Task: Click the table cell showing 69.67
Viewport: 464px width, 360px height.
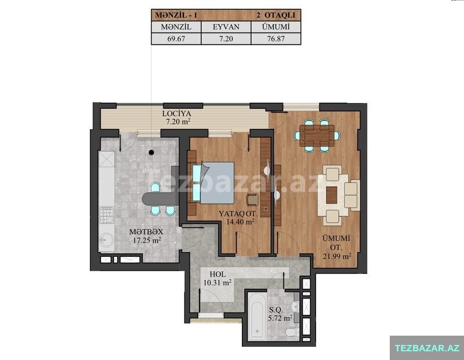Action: [x=176, y=39]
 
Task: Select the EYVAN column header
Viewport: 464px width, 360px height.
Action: [x=226, y=27]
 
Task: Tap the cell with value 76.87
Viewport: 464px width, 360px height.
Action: [x=276, y=39]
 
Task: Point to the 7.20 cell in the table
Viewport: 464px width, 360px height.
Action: [x=226, y=39]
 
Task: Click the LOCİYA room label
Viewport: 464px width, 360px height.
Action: [x=177, y=114]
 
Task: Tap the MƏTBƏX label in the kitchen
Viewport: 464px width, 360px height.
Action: [x=146, y=232]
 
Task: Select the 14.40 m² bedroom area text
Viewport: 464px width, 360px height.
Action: [x=241, y=221]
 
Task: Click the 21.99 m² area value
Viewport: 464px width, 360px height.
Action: [x=337, y=256]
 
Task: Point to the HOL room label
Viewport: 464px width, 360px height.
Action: [x=217, y=274]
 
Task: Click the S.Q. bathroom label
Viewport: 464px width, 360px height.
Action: [x=276, y=310]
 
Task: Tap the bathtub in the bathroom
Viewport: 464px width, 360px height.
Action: [x=257, y=317]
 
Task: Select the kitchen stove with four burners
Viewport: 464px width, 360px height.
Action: [x=106, y=215]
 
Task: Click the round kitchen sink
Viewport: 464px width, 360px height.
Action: [x=106, y=239]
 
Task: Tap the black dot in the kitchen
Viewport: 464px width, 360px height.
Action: [x=151, y=152]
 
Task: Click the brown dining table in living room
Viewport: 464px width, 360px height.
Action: [x=317, y=136]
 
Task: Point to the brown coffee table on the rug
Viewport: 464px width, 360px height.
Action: [x=331, y=195]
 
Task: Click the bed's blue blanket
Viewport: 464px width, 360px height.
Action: [x=217, y=183]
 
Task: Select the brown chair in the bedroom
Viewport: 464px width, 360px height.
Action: [x=253, y=199]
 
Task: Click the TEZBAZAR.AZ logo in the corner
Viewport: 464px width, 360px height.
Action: [x=427, y=348]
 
